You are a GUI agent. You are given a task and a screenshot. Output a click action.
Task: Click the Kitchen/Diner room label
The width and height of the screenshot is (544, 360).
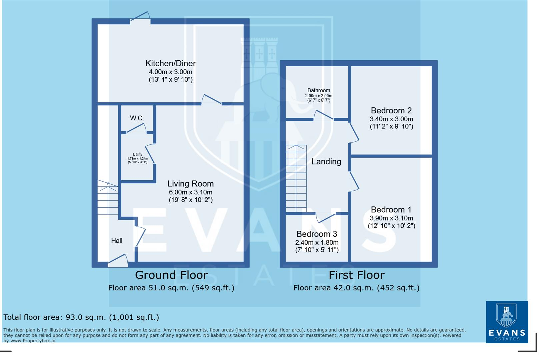click(x=170, y=63)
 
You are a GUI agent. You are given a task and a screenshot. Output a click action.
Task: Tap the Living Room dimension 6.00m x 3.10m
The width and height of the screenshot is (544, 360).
click(x=190, y=192)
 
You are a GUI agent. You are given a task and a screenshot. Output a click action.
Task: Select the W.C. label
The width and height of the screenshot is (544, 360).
click(x=137, y=118)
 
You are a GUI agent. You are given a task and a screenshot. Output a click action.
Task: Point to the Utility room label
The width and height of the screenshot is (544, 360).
click(x=137, y=155)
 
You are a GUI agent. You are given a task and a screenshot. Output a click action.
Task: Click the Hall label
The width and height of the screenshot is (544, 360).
click(x=117, y=241)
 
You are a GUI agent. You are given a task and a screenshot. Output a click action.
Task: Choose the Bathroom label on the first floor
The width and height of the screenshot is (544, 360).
click(x=319, y=90)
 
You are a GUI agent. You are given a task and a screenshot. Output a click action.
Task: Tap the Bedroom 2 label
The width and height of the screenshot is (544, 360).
click(x=391, y=111)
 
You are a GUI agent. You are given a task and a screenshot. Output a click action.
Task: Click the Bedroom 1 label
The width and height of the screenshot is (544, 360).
click(x=391, y=210)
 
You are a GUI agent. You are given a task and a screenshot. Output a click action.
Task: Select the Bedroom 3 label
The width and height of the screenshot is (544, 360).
click(x=317, y=234)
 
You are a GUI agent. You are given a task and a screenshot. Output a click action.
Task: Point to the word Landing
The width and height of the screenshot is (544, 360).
click(x=326, y=162)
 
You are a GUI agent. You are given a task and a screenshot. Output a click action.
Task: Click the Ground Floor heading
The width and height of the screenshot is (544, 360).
click(x=171, y=275)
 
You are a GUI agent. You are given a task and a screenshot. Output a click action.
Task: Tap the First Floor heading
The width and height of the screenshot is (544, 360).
click(x=356, y=275)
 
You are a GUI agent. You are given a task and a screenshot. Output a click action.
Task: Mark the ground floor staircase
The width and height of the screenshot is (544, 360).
click(x=108, y=198)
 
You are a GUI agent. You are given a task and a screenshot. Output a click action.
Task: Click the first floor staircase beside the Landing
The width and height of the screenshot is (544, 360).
click(x=296, y=178)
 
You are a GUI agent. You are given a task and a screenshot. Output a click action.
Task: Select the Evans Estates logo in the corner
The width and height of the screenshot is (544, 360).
click(x=507, y=322)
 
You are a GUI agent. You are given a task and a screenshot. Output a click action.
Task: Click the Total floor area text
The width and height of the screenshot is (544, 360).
click(x=81, y=317)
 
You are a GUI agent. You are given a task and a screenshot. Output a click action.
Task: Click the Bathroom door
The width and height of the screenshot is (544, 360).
click(x=323, y=115)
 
